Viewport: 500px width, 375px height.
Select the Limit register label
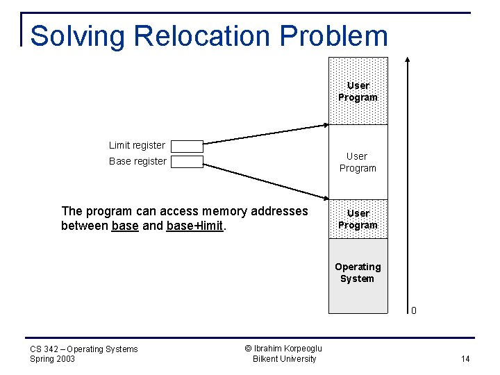[137, 145]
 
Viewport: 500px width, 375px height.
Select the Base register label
[137, 161]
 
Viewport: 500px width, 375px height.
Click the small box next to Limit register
[187, 146]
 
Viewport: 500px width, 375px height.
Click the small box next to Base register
[187, 162]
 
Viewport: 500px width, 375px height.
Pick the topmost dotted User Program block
[358, 91]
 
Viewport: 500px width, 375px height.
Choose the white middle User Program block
[358, 162]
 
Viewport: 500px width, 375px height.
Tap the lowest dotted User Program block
[358, 219]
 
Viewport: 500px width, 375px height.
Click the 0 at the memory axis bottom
[413, 310]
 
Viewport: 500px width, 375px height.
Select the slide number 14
[465, 358]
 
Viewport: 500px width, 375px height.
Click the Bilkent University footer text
[284, 359]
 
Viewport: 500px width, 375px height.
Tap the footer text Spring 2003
[53, 359]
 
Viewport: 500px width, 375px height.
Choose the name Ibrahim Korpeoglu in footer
[288, 349]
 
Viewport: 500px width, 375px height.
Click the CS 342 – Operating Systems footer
[84, 349]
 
